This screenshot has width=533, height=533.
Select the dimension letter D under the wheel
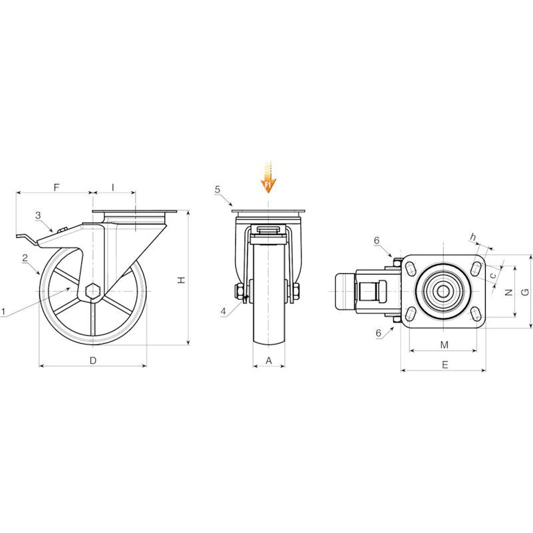click(x=93, y=360)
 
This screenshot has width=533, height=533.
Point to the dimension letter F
click(x=56, y=187)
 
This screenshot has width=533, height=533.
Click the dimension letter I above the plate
click(x=113, y=187)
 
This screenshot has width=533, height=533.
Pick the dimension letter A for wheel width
click(x=269, y=360)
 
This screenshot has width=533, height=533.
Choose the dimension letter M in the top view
click(x=444, y=345)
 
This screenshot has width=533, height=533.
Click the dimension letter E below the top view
click(x=445, y=365)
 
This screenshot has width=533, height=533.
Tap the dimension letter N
click(x=508, y=292)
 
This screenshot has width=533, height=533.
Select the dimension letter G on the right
click(x=525, y=292)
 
